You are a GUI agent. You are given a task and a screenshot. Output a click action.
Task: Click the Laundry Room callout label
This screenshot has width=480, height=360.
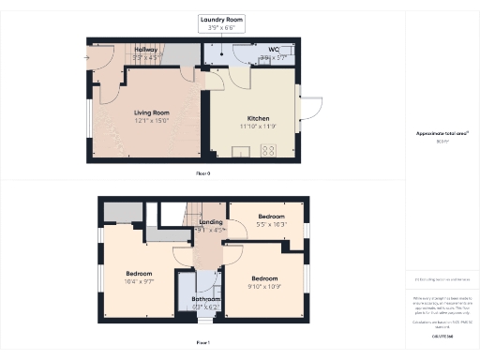pos(223,19)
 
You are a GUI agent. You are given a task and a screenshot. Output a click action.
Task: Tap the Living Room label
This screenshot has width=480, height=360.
pos(146,112)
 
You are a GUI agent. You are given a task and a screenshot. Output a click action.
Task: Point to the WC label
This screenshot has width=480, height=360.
pos(274,50)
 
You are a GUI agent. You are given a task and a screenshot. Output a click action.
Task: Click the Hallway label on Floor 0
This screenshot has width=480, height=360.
pos(145,49)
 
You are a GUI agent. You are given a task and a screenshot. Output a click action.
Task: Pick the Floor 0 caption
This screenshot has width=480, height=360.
pos(202,173)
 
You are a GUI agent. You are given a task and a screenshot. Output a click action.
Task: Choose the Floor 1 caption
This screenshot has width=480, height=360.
pos(202,343)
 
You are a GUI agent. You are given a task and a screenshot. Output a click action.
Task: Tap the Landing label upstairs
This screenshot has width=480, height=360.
pos(211,222)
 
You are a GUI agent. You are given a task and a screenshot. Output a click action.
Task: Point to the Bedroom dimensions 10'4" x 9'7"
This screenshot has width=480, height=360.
pos(140,281)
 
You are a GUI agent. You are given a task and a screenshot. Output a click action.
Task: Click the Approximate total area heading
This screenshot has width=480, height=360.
pos(442,133)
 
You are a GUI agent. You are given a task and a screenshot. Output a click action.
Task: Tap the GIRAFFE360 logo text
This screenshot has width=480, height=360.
pos(442,335)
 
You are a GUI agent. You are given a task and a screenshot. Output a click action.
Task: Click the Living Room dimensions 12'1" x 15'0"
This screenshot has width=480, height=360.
pos(146,120)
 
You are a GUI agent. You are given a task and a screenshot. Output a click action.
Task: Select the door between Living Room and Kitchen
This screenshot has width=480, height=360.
pos(205,88)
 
